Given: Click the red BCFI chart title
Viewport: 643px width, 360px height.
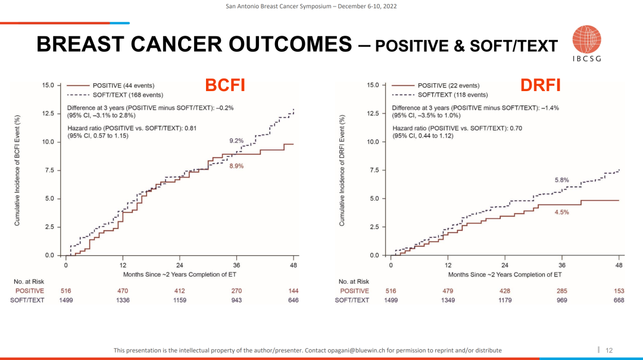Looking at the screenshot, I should tap(225, 86).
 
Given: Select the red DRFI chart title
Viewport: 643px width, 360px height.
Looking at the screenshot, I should tap(541, 86).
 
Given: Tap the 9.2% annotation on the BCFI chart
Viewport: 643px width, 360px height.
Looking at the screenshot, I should tap(236, 141).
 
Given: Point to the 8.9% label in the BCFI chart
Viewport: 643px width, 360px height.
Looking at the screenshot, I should tap(236, 166).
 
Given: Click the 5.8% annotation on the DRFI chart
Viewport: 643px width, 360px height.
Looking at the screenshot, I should tap(562, 180).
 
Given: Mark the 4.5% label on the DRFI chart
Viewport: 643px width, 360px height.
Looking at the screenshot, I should tap(562, 212).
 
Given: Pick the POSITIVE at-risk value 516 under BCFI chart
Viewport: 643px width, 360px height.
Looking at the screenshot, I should tap(66, 291).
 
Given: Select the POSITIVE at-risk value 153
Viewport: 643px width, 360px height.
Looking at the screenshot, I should tap(619, 291).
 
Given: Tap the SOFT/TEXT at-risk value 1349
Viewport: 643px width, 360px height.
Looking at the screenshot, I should tap(448, 300).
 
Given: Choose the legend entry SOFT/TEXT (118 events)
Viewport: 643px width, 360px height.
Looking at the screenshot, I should tap(452, 95).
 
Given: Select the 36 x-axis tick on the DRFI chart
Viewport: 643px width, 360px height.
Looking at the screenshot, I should tap(561, 265).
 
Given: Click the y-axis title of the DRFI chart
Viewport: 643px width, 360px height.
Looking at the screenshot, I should tap(342, 170).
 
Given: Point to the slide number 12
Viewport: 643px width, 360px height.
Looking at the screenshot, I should tap(608, 350).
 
